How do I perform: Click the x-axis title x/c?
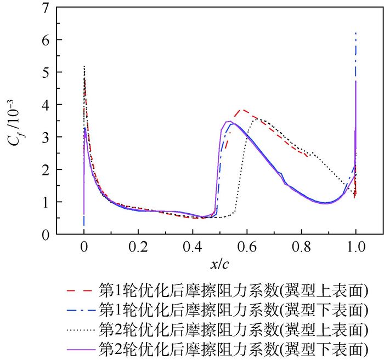click(x=219, y=264)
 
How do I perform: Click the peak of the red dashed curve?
click(x=242, y=110)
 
